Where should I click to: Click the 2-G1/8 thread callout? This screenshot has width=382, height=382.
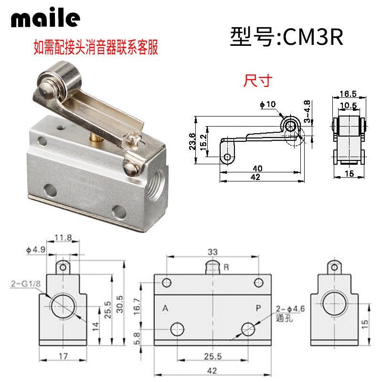[x=20, y=285]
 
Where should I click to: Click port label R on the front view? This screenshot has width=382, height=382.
[x=226, y=268]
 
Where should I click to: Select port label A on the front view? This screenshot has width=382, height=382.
[x=165, y=308]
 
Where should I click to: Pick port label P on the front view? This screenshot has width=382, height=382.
[x=258, y=308]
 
